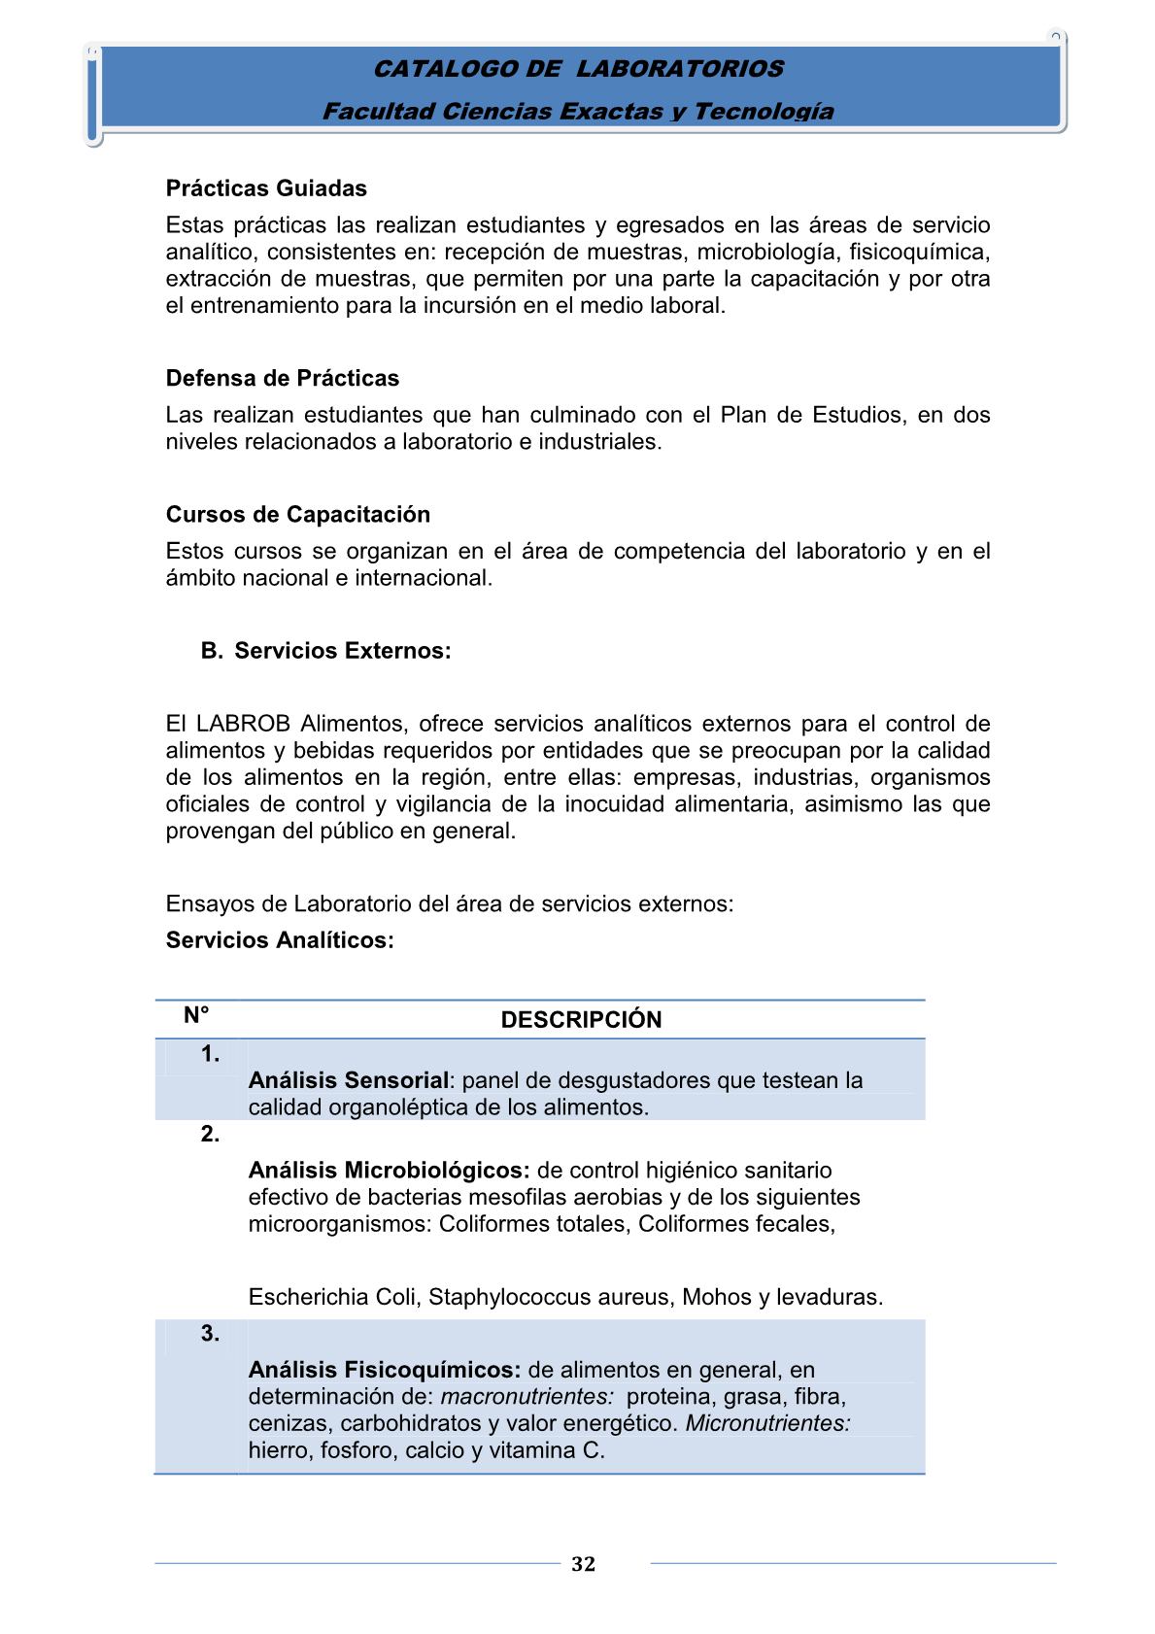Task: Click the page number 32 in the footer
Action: coord(583,1563)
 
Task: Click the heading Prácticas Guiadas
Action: coord(266,188)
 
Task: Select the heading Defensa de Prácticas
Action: coord(282,378)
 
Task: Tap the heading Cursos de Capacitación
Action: coord(297,514)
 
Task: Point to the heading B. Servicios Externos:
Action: coord(326,651)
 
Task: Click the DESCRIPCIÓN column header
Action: coord(581,1019)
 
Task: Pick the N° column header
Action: coord(196,1015)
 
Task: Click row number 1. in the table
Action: coord(210,1054)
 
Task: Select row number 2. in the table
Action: coord(210,1134)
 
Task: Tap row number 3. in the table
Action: coord(210,1333)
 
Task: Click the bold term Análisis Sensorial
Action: coord(348,1080)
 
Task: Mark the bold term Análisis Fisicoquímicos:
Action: coord(385,1370)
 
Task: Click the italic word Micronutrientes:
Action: coord(767,1423)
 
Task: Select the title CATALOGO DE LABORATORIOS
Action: coord(578,69)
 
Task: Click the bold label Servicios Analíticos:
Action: coord(280,940)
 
